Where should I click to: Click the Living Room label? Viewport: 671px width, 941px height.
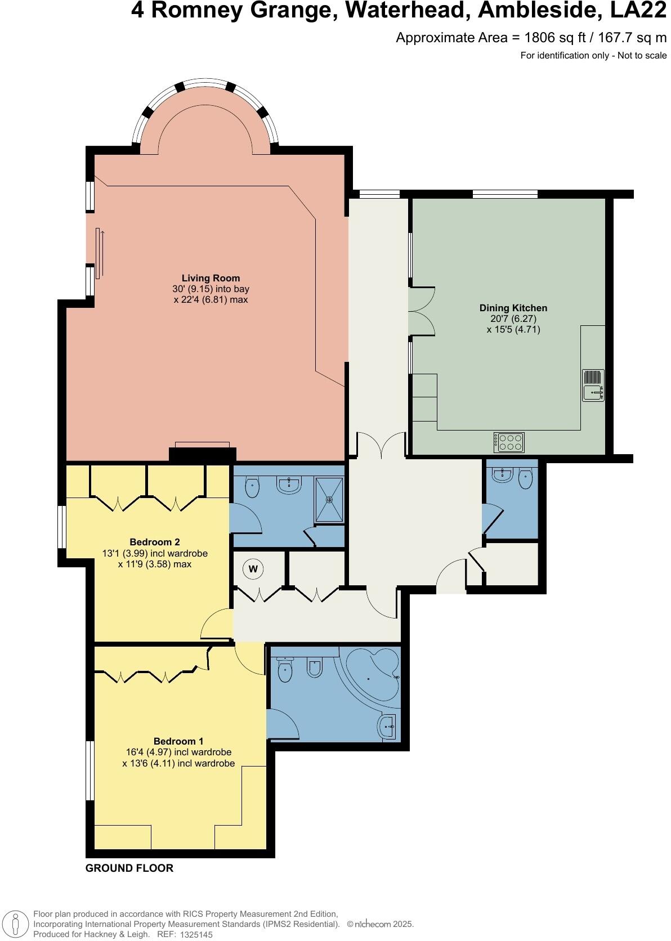pos(211,278)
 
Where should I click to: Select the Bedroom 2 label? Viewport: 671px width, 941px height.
pos(154,542)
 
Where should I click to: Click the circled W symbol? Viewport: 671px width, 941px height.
pos(253,569)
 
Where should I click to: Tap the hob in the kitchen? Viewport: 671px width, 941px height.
pos(509,442)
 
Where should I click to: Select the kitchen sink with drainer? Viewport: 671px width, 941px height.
pos(593,386)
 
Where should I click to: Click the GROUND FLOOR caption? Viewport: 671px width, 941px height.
pos(129,868)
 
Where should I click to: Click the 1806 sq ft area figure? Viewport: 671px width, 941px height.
pos(546,38)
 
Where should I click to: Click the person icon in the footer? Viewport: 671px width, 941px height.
pos(16,924)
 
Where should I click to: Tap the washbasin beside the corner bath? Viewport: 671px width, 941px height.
pos(388,725)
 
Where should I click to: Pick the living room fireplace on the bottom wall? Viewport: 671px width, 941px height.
pos(202,453)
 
